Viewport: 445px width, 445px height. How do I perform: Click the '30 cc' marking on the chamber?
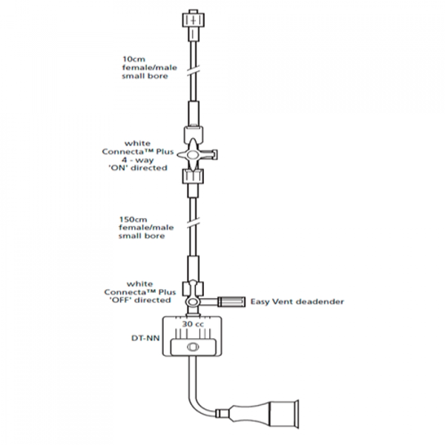[194, 323]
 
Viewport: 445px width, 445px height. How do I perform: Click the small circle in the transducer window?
[194, 348]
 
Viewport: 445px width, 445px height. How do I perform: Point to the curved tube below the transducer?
[199, 397]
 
